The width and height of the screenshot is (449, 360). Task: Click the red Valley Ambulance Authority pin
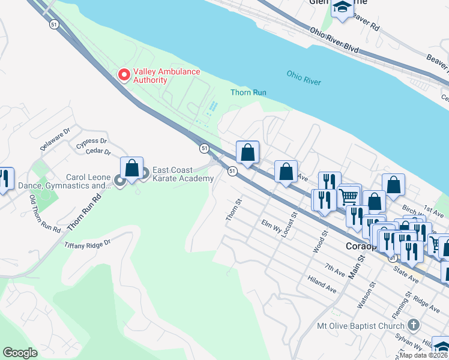pyautogui.click(x=124, y=75)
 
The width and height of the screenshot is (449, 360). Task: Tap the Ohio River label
pyautogui.click(x=304, y=78)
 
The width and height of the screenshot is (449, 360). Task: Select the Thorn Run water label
pyautogui.click(x=248, y=92)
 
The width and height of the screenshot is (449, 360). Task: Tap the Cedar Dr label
pyautogui.click(x=98, y=152)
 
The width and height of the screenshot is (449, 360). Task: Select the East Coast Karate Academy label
pyautogui.click(x=183, y=174)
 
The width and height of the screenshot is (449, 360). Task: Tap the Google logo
pyautogui.click(x=20, y=353)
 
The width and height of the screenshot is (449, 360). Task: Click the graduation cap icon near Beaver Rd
pyautogui.click(x=342, y=7)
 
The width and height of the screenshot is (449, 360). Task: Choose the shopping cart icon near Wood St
pyautogui.click(x=349, y=195)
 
